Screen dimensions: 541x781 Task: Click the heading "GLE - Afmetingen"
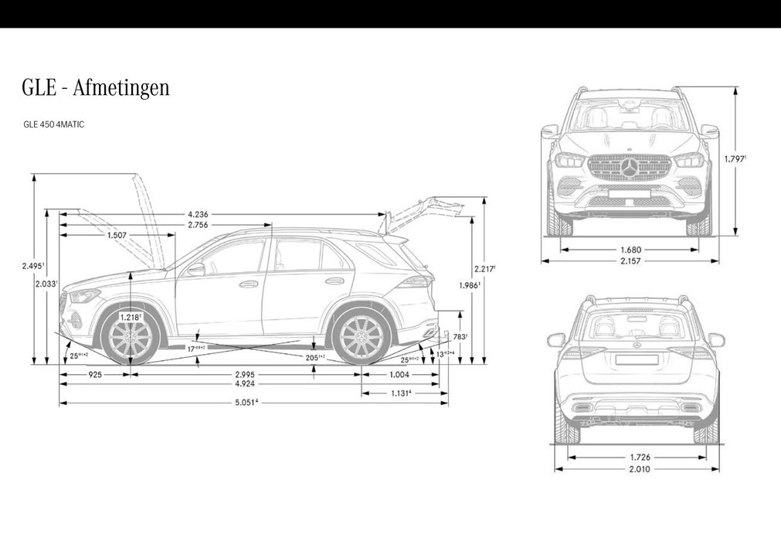(x=95, y=88)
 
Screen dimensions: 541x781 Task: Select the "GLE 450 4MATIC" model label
(x=54, y=124)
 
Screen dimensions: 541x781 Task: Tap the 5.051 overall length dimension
(x=247, y=401)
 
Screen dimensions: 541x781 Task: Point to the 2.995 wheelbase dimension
(x=247, y=374)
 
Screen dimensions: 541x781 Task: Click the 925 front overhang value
(x=96, y=374)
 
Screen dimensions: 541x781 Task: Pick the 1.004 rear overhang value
(x=399, y=374)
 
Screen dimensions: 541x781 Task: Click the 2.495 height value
(x=32, y=266)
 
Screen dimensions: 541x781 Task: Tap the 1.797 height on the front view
(x=735, y=158)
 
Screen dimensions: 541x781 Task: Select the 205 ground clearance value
(x=314, y=357)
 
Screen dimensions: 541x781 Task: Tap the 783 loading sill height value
(x=460, y=336)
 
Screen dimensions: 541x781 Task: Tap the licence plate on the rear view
(x=637, y=359)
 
